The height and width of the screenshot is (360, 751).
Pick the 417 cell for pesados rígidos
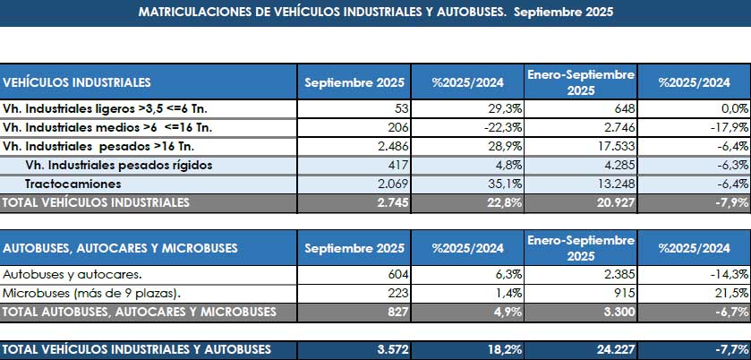400,166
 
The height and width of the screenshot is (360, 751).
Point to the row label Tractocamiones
73,184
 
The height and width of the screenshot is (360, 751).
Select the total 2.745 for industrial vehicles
393,202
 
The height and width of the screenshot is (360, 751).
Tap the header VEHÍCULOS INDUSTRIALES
77,82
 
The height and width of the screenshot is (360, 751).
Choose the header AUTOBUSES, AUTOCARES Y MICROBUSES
120,248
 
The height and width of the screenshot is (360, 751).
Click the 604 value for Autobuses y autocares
400,275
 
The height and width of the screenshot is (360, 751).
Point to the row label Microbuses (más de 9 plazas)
92,294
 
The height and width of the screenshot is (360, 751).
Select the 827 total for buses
400,312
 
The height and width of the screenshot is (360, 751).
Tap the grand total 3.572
393,350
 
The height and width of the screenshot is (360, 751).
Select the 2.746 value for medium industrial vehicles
619,127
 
